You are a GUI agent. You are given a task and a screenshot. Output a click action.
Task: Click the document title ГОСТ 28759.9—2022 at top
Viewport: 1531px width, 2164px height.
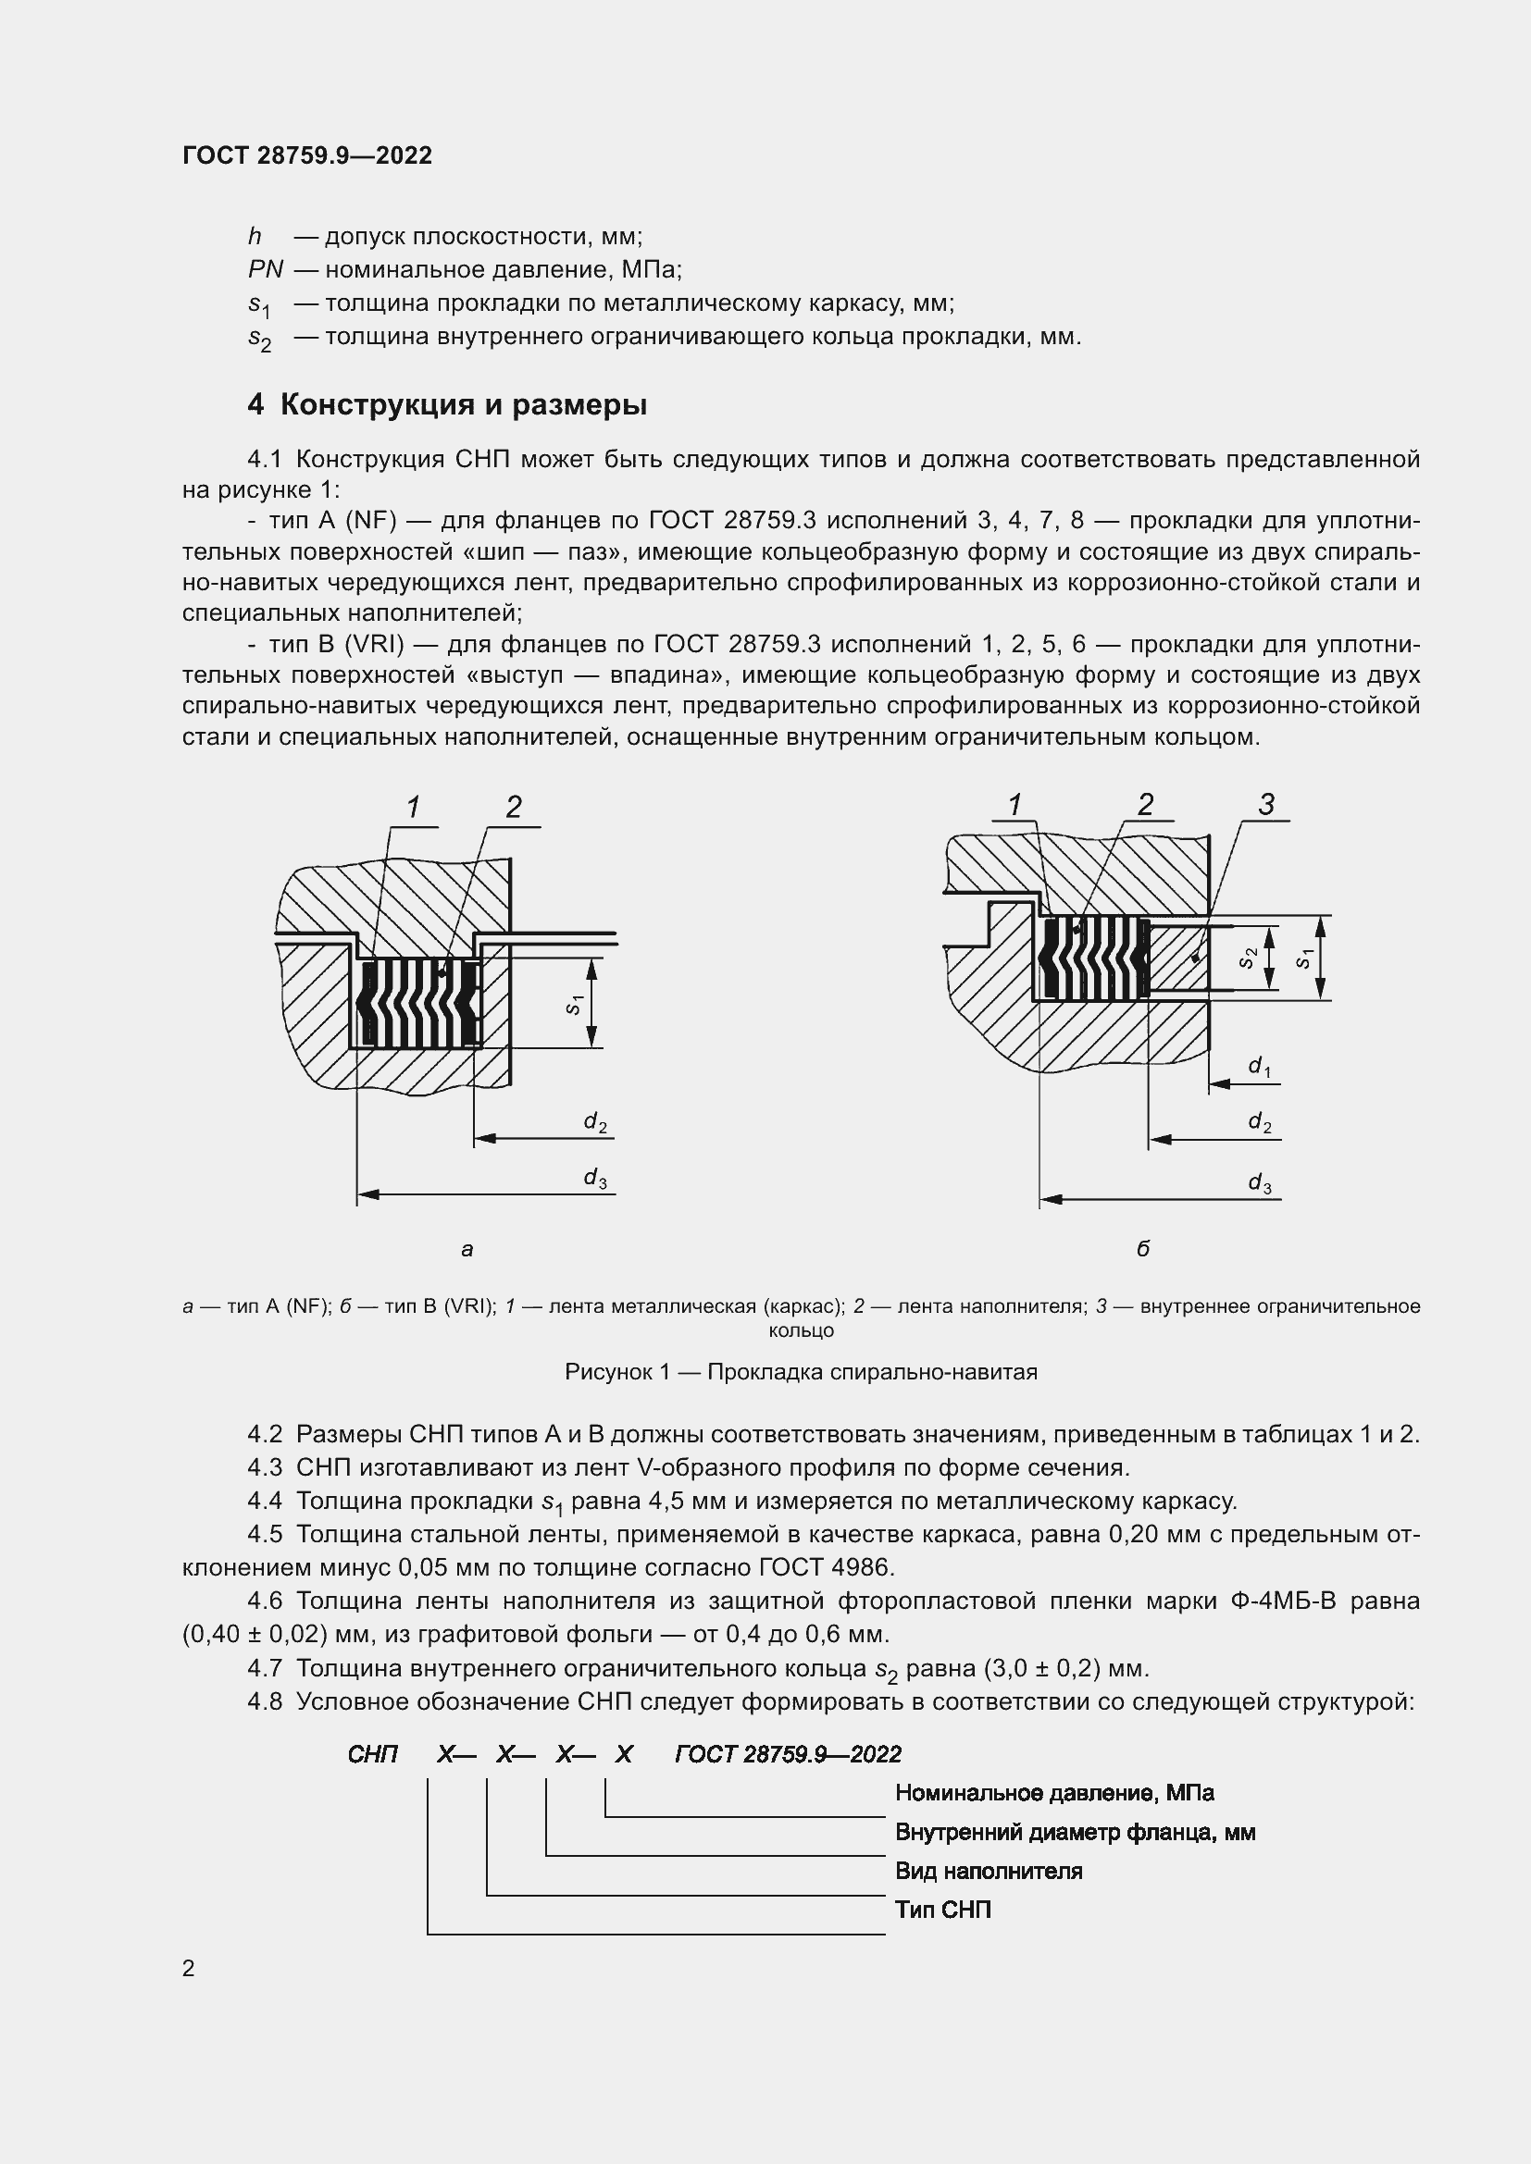tap(306, 155)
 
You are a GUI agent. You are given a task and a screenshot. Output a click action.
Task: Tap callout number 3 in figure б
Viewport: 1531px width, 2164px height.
tap(1266, 805)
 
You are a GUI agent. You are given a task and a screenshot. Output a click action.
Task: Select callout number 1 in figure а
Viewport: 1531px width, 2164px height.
tap(413, 808)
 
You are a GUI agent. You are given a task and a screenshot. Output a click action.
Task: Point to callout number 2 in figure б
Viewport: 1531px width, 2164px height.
tap(1145, 805)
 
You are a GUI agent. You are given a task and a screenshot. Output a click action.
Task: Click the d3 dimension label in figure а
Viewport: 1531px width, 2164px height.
tap(595, 1178)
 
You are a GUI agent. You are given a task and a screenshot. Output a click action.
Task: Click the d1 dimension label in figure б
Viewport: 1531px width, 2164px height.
tap(1260, 1066)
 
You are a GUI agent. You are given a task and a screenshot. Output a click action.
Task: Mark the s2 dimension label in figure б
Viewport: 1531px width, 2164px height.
tap(1248, 958)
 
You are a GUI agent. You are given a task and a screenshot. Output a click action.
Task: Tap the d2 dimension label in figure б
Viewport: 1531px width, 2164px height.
tap(1260, 1122)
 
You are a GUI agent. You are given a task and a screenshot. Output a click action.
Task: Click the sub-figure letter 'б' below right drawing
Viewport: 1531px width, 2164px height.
tap(1142, 1250)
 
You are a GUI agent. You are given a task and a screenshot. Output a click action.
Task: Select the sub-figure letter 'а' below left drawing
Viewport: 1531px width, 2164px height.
tap(467, 1251)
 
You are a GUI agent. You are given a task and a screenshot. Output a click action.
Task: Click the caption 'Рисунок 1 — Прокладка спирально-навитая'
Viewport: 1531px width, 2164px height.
tap(801, 1372)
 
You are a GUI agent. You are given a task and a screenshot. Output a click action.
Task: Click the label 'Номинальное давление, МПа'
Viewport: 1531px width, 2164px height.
tap(1054, 1793)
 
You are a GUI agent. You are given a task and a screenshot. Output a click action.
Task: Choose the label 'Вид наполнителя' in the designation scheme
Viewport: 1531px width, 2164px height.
tap(988, 1871)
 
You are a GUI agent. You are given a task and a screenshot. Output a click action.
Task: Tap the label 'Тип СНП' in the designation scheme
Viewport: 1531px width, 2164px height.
tap(942, 1910)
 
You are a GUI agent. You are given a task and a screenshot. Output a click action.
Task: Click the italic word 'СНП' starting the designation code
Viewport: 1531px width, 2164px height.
tap(372, 1754)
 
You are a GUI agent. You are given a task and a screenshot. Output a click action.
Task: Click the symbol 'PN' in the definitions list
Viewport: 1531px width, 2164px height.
tap(265, 269)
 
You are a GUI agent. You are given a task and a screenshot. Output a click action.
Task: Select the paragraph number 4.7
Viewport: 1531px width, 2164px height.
tap(265, 1668)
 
